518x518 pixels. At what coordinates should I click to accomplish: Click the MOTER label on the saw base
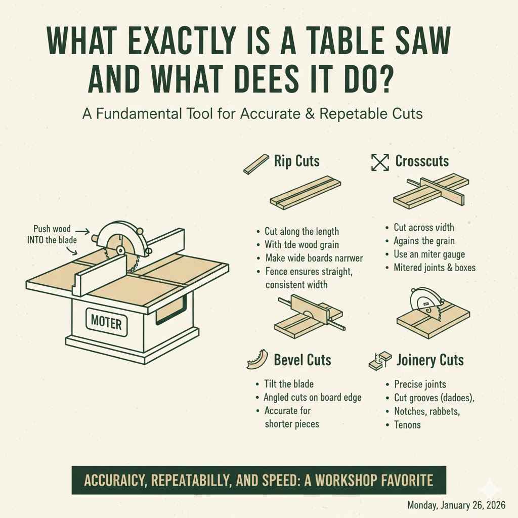pyautogui.click(x=106, y=322)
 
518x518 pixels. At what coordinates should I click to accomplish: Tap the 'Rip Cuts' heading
pyautogui.click(x=296, y=161)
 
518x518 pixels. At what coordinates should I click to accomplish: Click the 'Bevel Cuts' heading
pyautogui.click(x=302, y=360)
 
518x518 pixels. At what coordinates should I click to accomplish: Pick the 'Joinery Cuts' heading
pyautogui.click(x=429, y=360)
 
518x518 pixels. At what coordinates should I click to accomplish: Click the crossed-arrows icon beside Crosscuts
pyautogui.click(x=379, y=162)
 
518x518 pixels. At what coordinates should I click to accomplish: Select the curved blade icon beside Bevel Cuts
pyautogui.click(x=256, y=360)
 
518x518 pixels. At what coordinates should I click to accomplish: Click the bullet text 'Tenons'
pyautogui.click(x=407, y=425)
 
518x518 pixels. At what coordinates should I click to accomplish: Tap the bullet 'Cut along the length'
pyautogui.click(x=301, y=231)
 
